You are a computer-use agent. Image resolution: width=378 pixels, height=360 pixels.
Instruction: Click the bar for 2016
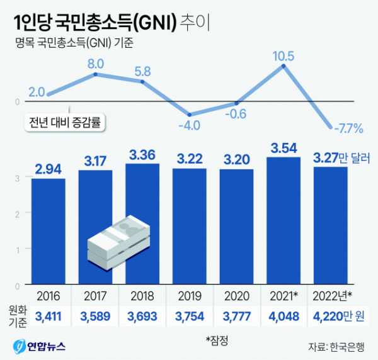tap(48, 230)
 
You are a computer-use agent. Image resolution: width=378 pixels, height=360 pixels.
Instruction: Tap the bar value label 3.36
tap(142, 154)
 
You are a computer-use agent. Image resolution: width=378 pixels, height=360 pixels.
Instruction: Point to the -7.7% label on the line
tap(347, 129)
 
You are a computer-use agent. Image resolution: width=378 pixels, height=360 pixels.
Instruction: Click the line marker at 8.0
tap(95, 74)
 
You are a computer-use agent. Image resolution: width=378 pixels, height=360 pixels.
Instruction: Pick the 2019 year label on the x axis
tap(190, 295)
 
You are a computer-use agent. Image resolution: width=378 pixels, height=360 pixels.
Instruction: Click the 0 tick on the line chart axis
tap(17, 101)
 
